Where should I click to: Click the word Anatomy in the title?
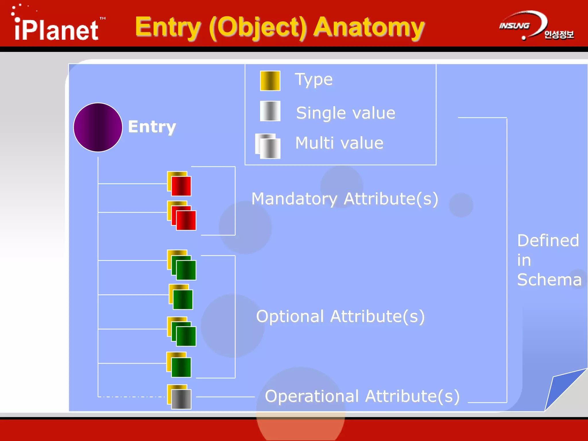click(369, 27)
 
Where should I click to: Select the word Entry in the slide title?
click(167, 27)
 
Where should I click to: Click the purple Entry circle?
click(98, 127)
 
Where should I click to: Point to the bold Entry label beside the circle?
click(152, 127)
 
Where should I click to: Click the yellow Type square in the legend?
click(270, 81)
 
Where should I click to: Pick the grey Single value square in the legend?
click(270, 111)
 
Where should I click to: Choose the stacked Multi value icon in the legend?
click(268, 146)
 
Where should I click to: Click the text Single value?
click(346, 113)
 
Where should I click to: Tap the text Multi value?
click(339, 143)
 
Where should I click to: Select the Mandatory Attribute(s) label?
click(345, 199)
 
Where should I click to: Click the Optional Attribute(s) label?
click(340, 316)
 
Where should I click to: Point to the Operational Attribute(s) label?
click(362, 396)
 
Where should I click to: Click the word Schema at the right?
click(549, 280)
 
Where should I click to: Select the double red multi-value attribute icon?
click(182, 216)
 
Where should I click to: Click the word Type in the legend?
click(314, 80)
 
